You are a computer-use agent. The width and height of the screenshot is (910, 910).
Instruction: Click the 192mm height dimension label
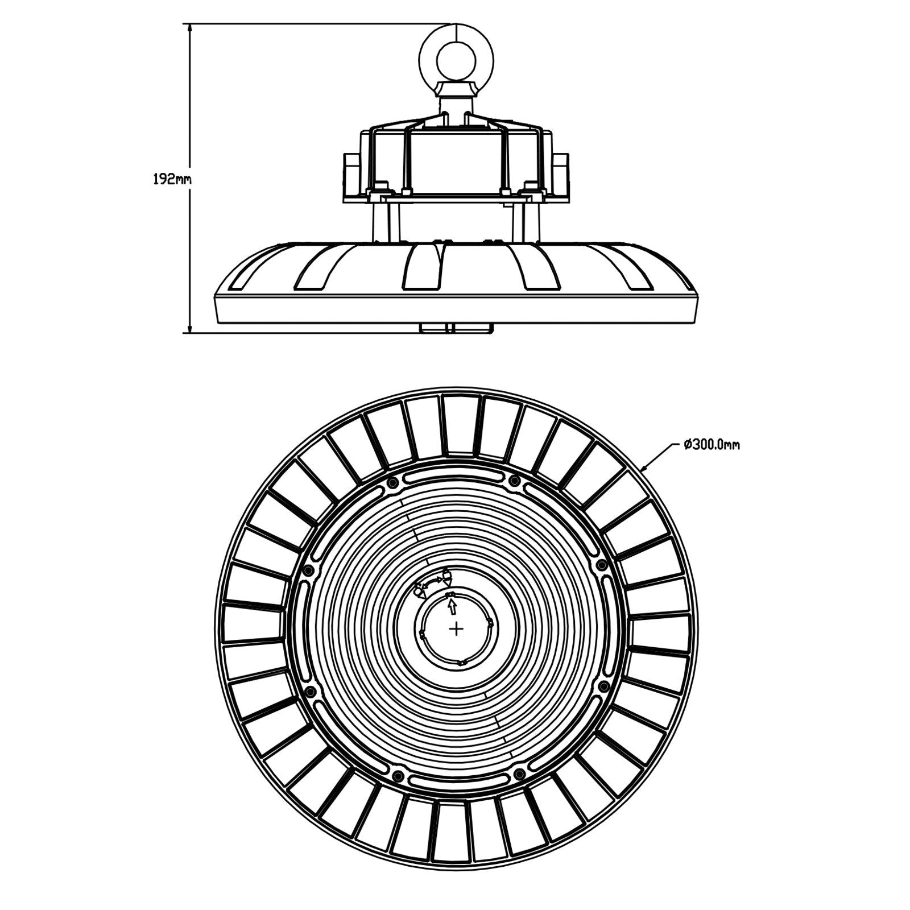point(172,180)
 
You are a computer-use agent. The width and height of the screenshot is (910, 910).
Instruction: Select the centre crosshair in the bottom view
point(456,628)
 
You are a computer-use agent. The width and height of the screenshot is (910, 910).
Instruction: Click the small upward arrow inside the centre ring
point(452,607)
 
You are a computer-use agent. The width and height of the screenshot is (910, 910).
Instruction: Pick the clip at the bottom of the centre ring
point(462,661)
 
